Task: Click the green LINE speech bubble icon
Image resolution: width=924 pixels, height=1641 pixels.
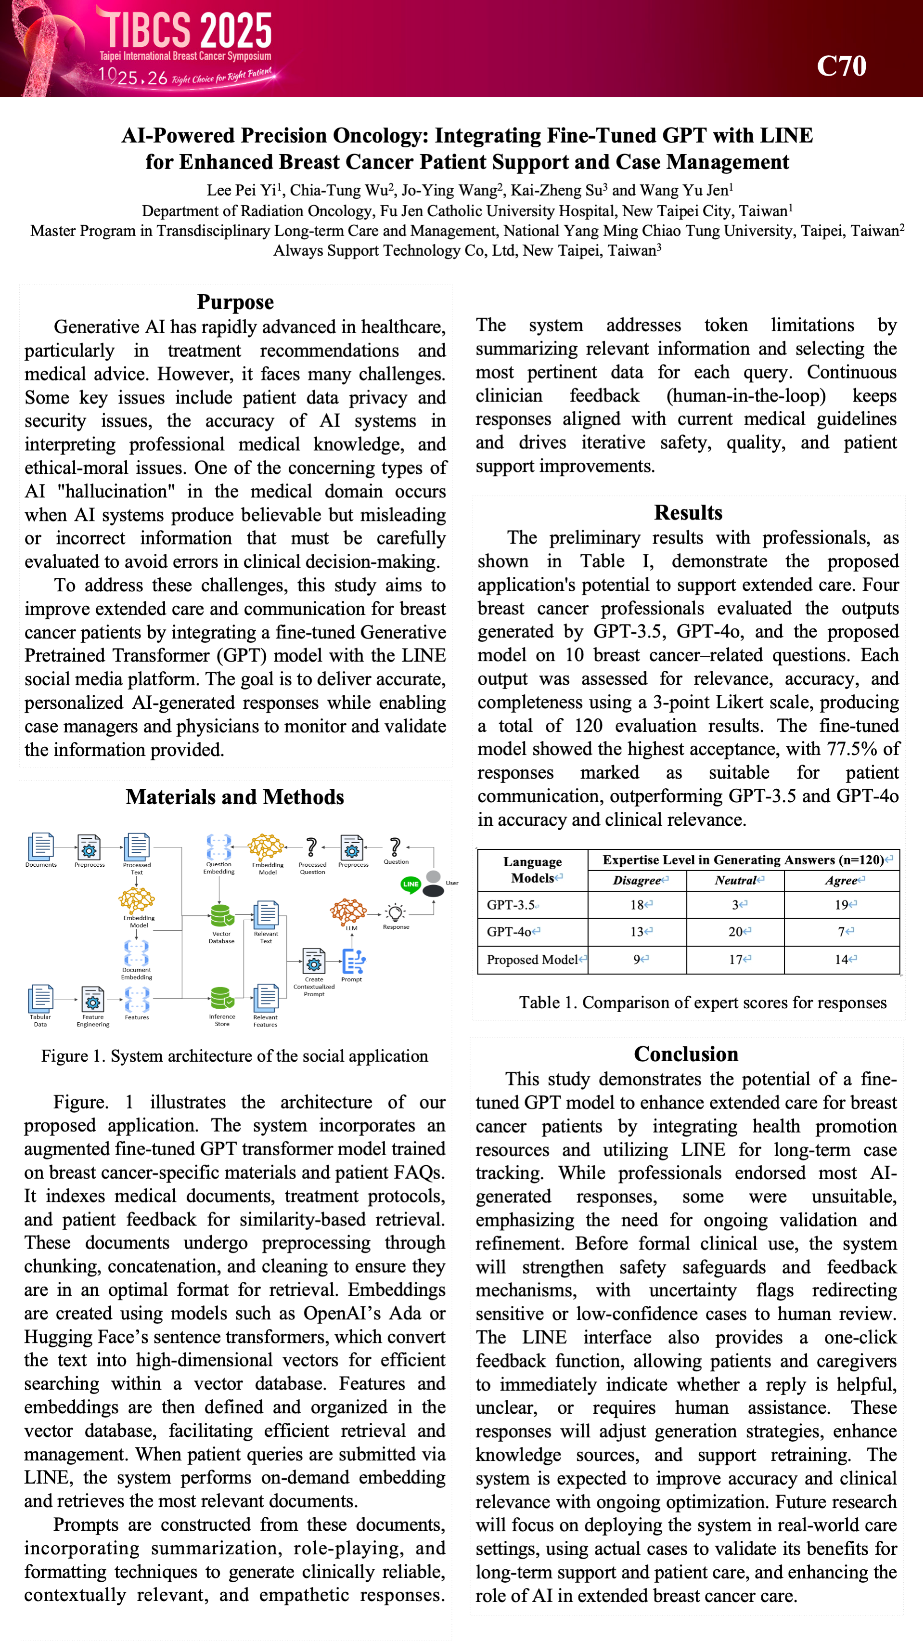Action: pos(411,884)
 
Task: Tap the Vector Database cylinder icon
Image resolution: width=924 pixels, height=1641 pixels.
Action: pos(221,915)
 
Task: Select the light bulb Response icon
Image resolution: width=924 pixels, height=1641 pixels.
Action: pos(396,912)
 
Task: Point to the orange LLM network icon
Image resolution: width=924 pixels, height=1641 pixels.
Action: pos(348,911)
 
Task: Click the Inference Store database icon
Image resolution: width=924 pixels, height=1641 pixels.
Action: pos(221,998)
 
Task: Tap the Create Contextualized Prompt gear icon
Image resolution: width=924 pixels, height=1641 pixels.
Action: pos(313,961)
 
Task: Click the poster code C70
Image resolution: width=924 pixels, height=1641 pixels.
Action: pos(841,65)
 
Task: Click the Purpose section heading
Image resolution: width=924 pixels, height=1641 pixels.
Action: pos(235,302)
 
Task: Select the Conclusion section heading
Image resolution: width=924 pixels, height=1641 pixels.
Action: pos(686,1055)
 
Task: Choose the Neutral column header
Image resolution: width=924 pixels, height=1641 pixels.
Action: pos(737,880)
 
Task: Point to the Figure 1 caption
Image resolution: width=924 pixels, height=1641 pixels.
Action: pos(234,1056)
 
